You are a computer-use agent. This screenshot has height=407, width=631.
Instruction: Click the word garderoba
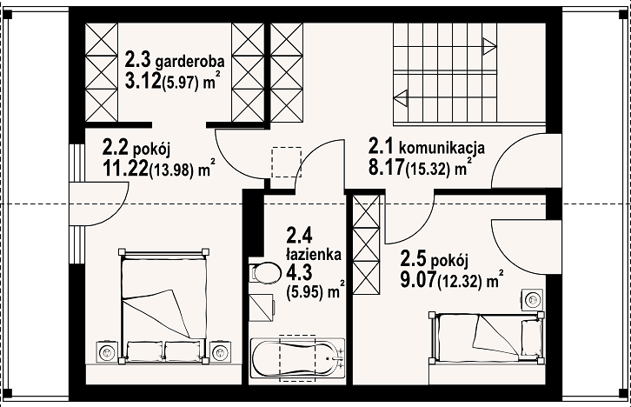pos(190,62)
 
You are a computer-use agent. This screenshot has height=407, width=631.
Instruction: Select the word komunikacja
pos(442,148)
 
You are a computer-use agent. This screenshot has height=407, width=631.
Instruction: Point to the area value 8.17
pos(386,168)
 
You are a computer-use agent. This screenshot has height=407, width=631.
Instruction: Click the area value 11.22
pos(125,168)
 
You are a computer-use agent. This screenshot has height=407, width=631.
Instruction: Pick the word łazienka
pos(314,254)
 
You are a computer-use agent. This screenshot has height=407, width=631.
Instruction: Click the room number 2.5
pos(414,259)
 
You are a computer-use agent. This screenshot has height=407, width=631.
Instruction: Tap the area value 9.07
pos(418,279)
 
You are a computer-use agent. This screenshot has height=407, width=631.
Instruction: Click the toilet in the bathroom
pos(265,273)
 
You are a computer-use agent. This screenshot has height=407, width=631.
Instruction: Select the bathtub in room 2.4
pos(297,358)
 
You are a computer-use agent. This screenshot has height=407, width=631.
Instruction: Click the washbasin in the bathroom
pos(262,307)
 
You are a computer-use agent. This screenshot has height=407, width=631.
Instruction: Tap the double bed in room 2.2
pos(163,306)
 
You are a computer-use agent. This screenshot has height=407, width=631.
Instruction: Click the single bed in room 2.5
pos(487,337)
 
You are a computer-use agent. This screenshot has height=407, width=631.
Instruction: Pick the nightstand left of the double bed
pos(108,353)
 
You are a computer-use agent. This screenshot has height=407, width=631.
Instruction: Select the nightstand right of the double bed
pos(220,353)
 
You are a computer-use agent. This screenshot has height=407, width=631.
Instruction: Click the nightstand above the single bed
pos(534,299)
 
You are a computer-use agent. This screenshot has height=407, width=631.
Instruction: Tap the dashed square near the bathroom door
pos(287,163)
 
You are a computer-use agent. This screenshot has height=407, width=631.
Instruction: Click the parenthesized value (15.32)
pos(428,170)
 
